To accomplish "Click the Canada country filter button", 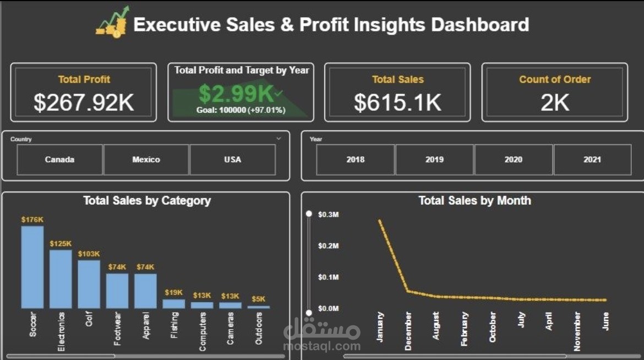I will tap(59, 160).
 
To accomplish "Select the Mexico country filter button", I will tap(146, 160).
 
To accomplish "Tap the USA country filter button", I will tap(232, 160).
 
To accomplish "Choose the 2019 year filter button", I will tap(434, 160).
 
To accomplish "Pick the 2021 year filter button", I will tap(592, 160).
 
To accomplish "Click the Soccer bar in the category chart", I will tap(32, 267).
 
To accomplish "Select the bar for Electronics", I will tap(61, 279).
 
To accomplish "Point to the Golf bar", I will tap(89, 284).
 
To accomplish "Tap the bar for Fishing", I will tap(174, 303).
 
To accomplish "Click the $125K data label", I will tap(61, 243).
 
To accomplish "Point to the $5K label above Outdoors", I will tap(259, 299).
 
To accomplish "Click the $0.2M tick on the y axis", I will tap(328, 246).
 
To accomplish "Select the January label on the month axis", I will tap(380, 327).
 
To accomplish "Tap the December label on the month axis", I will tap(408, 331).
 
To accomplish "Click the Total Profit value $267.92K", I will tap(84, 102).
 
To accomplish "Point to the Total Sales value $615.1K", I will tap(397, 102).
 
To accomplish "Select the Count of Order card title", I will tap(555, 79).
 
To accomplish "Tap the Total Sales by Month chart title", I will tap(474, 200).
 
